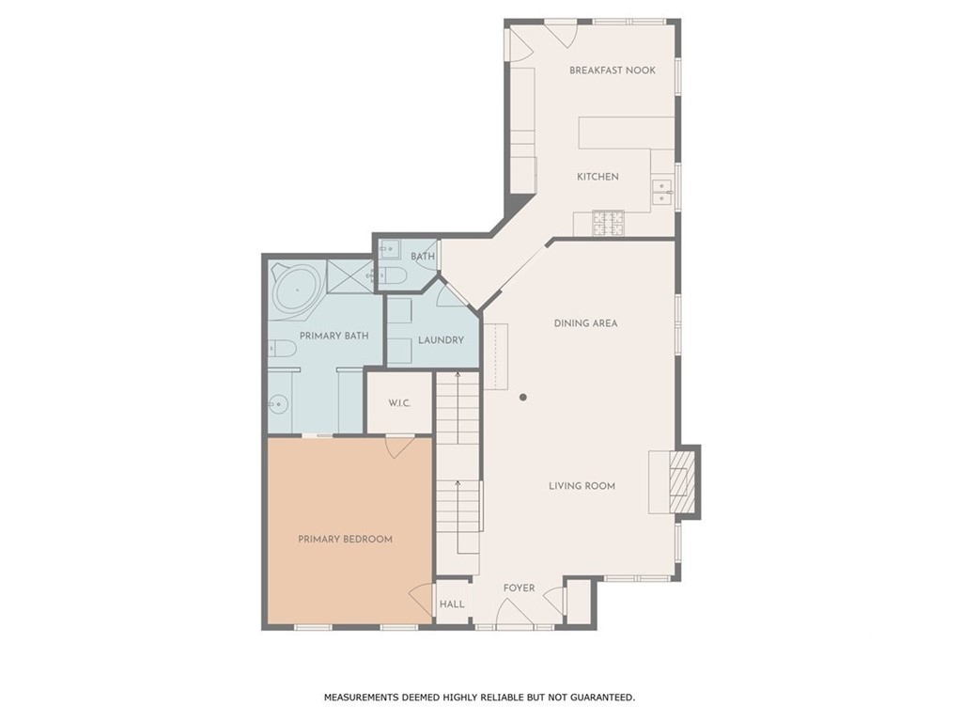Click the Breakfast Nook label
coord(612,71)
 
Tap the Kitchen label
coord(597,177)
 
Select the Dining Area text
coord(585,323)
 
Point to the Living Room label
coord(582,486)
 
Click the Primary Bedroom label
coord(345,540)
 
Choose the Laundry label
coord(441,340)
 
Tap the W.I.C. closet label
coord(399,403)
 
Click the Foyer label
coord(519,589)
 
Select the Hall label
coord(452,604)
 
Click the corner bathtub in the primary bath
coord(296,288)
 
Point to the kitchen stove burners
coord(608,224)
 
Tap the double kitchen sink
coord(662,191)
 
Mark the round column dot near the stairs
coord(523,398)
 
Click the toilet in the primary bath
coord(282,350)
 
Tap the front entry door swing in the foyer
coord(514,616)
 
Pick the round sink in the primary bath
coord(277,406)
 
